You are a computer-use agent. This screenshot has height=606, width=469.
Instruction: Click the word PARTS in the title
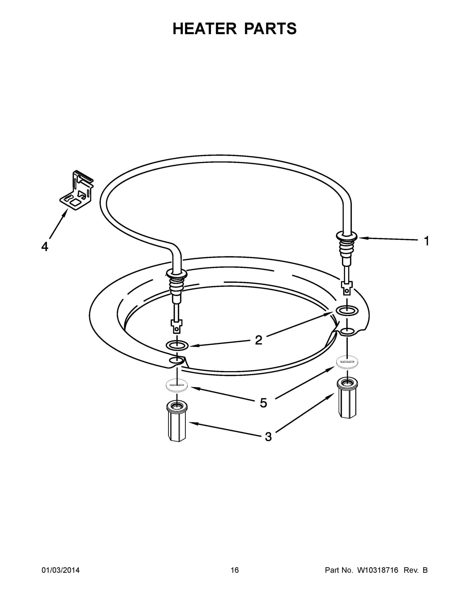tap(270, 29)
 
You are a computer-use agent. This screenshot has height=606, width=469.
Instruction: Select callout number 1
tap(427, 241)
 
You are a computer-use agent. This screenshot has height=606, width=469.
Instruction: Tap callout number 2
tap(258, 340)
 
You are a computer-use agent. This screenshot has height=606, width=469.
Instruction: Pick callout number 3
tap(268, 437)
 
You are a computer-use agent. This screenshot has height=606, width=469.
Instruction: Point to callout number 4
tap(45, 246)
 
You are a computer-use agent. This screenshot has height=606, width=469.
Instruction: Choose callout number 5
tap(263, 403)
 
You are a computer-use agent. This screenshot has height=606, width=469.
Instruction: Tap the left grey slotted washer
tap(176, 385)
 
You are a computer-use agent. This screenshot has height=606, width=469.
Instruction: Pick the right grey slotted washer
tap(347, 362)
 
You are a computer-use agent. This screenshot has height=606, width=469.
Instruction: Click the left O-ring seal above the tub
tap(177, 345)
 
